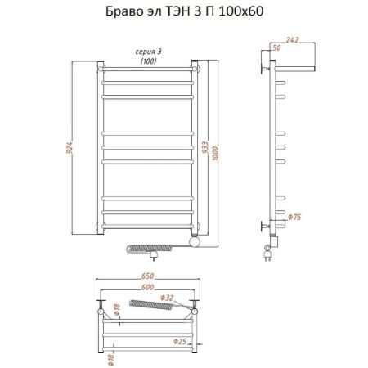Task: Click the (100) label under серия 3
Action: coord(148,61)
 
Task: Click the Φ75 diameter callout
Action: coord(298,218)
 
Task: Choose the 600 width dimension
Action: coord(148,287)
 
